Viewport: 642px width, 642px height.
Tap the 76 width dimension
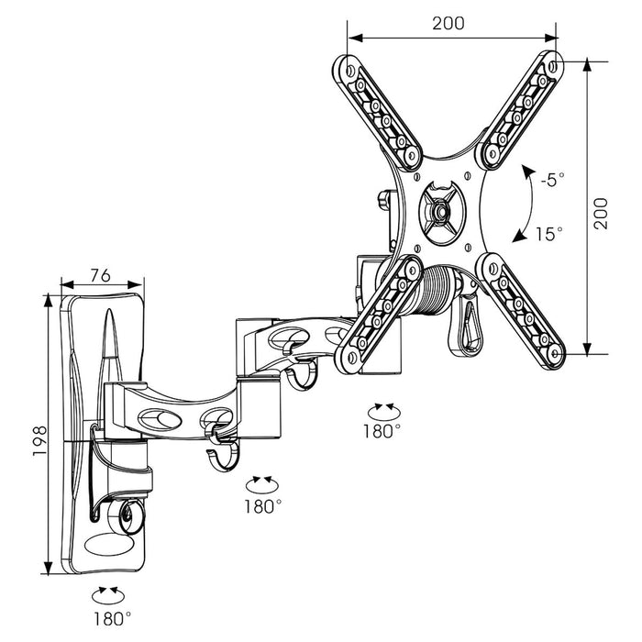coord(101,273)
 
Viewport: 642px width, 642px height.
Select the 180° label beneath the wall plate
coord(111,617)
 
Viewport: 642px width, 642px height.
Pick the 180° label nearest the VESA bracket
coord(382,429)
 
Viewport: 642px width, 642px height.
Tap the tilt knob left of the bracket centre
coord(383,202)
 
